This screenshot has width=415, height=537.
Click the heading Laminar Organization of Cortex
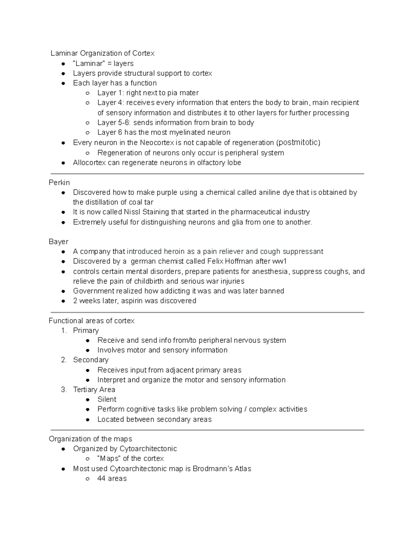click(x=102, y=53)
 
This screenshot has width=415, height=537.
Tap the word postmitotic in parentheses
click(x=299, y=142)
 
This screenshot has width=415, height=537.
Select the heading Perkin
click(x=59, y=183)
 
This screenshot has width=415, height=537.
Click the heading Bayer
click(x=58, y=242)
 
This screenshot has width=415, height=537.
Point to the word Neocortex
click(x=157, y=142)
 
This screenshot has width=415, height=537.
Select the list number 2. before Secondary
click(x=64, y=360)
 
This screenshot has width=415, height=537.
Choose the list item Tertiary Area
click(x=94, y=390)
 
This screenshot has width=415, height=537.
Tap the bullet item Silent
click(x=107, y=399)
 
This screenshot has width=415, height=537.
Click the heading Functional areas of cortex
click(x=92, y=321)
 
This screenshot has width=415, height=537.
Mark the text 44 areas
click(x=112, y=479)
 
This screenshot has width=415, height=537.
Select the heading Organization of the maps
click(x=91, y=439)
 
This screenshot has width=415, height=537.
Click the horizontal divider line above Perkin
click(x=207, y=174)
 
